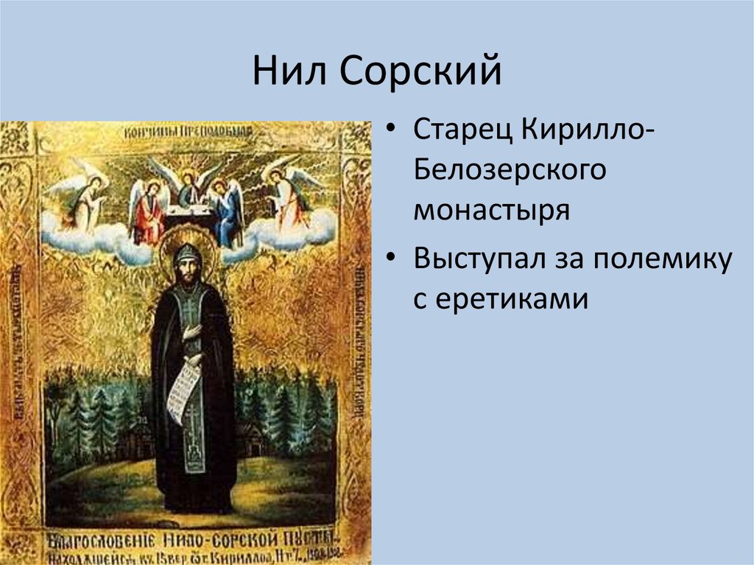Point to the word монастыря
(491, 211)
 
